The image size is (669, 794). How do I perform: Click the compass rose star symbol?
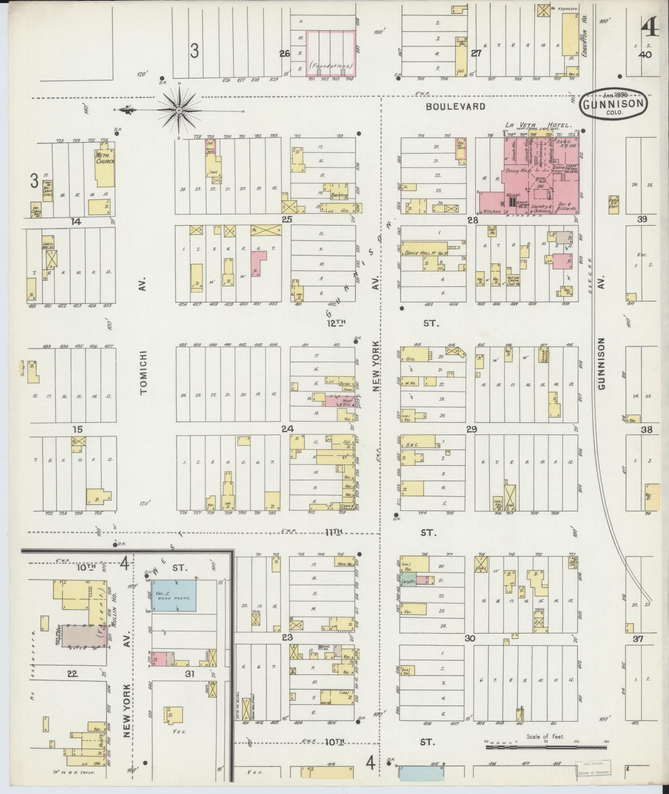[179, 110]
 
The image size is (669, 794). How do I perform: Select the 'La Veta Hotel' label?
[538, 125]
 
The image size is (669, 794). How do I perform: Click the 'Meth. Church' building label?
[102, 158]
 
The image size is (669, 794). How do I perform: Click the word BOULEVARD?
[456, 107]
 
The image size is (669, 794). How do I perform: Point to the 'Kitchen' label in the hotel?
[492, 211]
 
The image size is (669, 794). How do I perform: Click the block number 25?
[287, 219]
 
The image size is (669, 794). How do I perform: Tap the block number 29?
[472, 429]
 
